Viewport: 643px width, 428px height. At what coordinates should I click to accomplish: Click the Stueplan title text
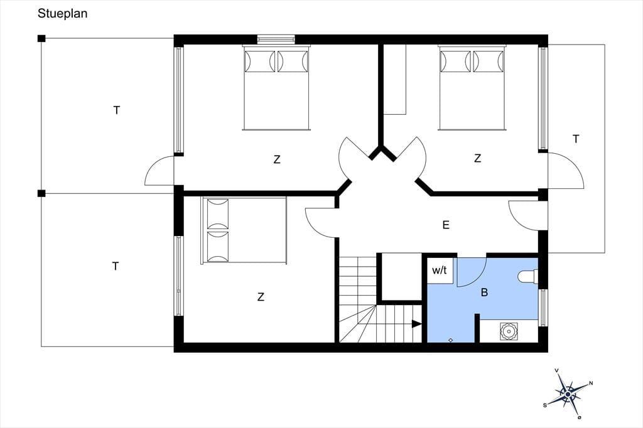[62, 14]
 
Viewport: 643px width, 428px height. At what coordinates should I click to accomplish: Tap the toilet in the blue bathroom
[527, 276]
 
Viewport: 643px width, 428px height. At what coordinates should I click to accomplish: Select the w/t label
[439, 270]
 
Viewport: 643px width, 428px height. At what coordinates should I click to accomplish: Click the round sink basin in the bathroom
[509, 331]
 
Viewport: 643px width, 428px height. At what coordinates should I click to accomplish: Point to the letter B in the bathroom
[484, 292]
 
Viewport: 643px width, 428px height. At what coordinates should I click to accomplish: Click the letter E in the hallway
[446, 225]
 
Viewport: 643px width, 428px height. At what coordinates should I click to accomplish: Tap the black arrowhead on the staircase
[417, 324]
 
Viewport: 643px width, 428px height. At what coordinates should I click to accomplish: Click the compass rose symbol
[568, 394]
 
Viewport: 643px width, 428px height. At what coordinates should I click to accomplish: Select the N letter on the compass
[591, 383]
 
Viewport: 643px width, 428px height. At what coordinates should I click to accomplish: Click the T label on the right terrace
[576, 139]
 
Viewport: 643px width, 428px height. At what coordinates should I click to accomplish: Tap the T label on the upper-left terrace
[117, 110]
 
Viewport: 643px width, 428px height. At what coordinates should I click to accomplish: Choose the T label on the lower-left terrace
[116, 267]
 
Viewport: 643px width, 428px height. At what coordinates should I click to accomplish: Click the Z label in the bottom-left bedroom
[261, 297]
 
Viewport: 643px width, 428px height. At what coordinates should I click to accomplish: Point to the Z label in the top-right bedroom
[477, 158]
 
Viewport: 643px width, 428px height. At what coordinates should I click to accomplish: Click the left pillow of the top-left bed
[259, 62]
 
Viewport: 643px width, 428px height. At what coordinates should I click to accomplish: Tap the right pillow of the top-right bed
[488, 62]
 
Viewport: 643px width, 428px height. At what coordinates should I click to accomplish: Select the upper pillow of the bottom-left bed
[218, 214]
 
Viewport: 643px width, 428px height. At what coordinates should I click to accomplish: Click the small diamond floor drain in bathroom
[450, 340]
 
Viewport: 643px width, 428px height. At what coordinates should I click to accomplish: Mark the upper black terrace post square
[41, 38]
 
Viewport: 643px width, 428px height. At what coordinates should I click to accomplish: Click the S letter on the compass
[545, 405]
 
